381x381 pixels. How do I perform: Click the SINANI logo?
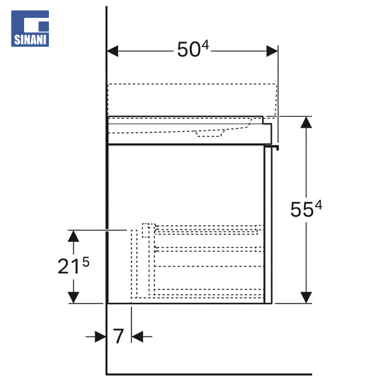[30, 29]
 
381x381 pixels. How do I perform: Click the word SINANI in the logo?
[30, 40]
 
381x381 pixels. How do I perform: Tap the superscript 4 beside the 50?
[205, 45]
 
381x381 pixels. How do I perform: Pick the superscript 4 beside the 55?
[318, 205]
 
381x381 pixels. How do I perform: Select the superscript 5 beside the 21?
[86, 262]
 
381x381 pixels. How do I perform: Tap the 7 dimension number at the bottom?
[119, 336]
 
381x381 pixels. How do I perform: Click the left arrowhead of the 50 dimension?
[112, 51]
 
